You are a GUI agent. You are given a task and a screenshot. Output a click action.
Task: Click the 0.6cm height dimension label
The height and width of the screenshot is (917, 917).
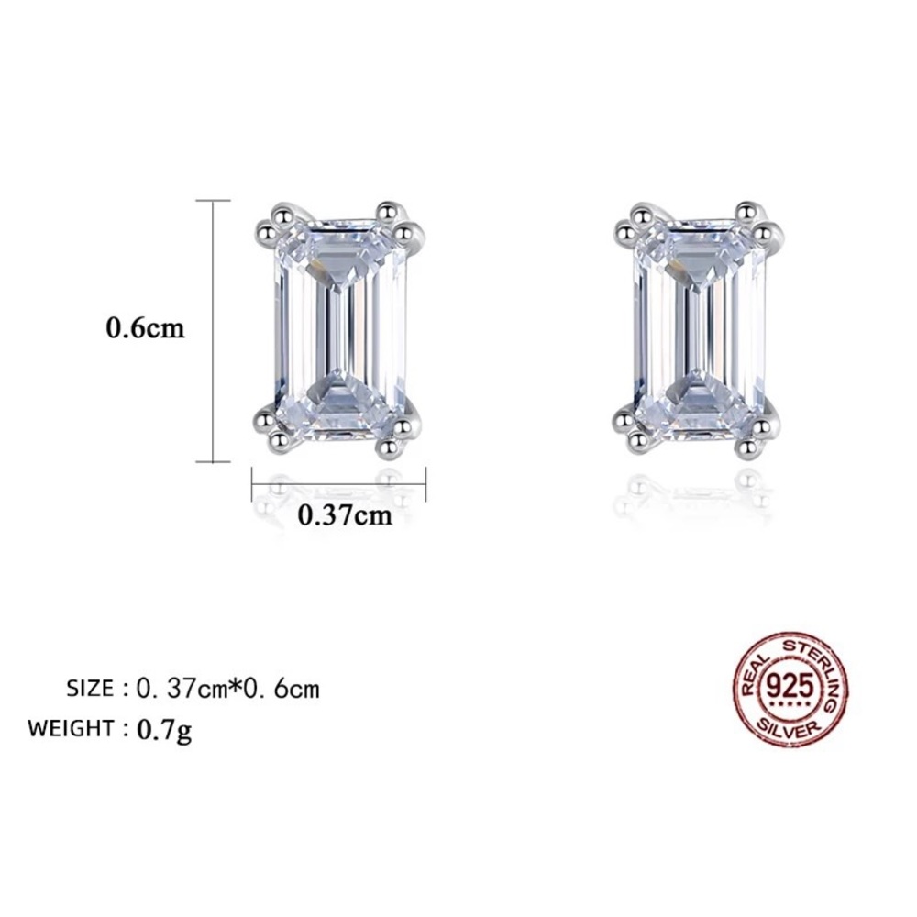[x=146, y=328]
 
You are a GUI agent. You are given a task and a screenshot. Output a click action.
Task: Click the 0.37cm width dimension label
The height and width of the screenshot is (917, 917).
[x=346, y=515]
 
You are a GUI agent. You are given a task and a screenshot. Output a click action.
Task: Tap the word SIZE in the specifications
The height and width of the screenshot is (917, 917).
[x=90, y=687]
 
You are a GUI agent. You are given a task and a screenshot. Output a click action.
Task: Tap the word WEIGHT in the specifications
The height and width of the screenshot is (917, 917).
[x=70, y=729]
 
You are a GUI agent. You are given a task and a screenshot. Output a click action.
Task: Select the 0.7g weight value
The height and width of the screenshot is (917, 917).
[x=164, y=730]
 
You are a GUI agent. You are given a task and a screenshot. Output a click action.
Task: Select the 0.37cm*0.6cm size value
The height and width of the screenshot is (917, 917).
[x=227, y=687]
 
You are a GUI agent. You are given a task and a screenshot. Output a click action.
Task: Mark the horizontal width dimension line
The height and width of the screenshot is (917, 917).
[x=339, y=478]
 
